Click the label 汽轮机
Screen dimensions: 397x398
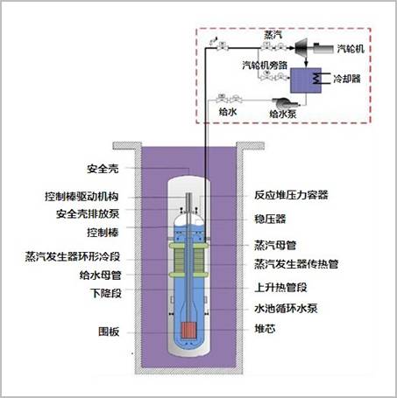(351, 49)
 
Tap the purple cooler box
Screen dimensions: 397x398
(306, 80)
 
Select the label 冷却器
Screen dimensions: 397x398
(347, 79)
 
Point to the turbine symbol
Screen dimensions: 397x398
(301, 47)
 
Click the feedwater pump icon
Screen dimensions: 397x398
(285, 102)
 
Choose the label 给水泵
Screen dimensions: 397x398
(283, 114)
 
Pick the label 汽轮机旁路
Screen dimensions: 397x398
(265, 65)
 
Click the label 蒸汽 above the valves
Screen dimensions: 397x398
(273, 35)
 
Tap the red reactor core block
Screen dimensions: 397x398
(188, 331)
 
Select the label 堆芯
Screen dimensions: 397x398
(265, 329)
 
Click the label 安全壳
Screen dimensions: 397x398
(103, 169)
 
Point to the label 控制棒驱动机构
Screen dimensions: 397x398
(82, 196)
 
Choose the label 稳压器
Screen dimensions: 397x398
(270, 219)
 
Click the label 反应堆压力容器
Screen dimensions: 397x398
(291, 195)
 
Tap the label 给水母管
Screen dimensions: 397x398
(100, 275)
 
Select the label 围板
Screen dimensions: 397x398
(109, 332)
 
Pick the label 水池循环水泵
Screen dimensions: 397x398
(286, 308)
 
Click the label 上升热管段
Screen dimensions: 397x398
(280, 288)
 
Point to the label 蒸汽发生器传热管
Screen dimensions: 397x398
(296, 264)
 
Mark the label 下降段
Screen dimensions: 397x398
(106, 293)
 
